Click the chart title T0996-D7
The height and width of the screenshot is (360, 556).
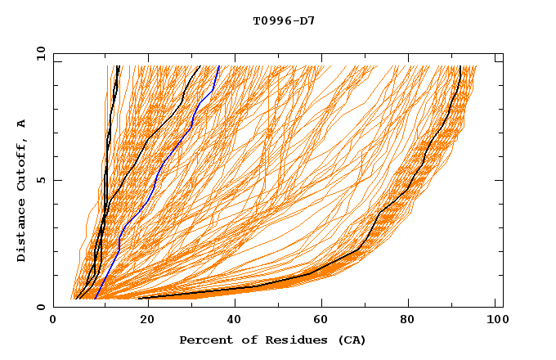pyautogui.click(x=284, y=20)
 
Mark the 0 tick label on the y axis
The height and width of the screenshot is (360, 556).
pyautogui.click(x=41, y=307)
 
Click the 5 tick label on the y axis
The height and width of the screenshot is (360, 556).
pyautogui.click(x=41, y=180)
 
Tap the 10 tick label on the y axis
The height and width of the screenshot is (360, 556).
pyautogui.click(x=38, y=54)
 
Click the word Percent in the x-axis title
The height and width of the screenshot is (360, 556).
pyautogui.click(x=204, y=340)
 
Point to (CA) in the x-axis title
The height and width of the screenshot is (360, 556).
pyautogui.click(x=350, y=340)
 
